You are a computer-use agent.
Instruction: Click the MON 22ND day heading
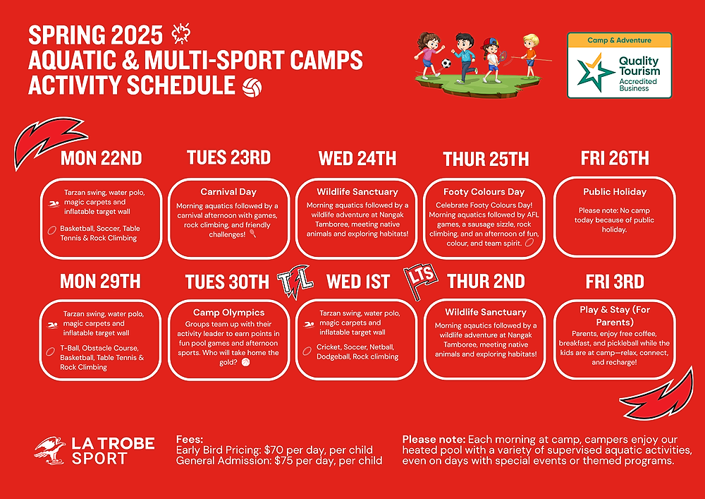101,158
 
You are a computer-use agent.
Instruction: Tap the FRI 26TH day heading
615,158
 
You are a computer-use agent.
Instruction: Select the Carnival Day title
228,192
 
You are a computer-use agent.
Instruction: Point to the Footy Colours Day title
484,192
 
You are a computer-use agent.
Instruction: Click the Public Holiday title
615,192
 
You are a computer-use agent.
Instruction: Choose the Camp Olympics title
229,312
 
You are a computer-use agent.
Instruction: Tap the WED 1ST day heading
358,282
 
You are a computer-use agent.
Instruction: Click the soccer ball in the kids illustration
446,64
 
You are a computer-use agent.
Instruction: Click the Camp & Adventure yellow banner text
619,40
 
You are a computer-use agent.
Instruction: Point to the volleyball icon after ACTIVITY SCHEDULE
252,88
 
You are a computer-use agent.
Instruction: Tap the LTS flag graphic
420,280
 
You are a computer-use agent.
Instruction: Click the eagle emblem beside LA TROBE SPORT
49,450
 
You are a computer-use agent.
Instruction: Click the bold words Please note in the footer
434,440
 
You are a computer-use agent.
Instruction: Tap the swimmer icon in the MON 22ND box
54,203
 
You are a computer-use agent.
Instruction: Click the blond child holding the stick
531,55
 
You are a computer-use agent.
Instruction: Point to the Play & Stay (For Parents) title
615,316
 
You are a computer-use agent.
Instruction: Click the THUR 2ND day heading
486,282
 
